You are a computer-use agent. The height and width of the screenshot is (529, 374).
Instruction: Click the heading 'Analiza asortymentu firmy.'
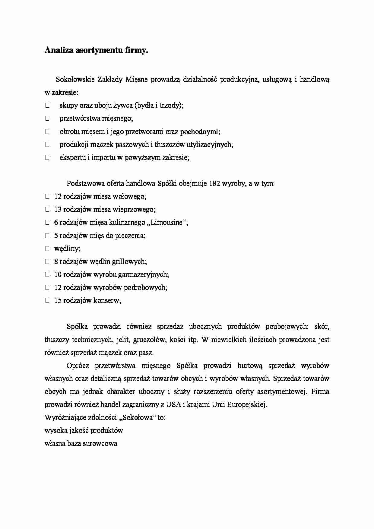[97, 50]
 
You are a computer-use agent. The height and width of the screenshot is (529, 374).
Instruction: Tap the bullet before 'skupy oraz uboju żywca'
[47, 106]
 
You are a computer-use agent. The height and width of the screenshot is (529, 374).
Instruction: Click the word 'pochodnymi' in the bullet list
[199, 131]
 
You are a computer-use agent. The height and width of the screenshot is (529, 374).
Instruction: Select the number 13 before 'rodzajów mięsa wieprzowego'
[58, 209]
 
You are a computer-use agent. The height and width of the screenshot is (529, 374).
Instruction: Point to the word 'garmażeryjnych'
[144, 274]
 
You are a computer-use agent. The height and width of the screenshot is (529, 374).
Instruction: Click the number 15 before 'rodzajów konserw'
[58, 300]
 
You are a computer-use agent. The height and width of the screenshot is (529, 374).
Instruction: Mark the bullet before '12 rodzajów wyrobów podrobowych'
[47, 287]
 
